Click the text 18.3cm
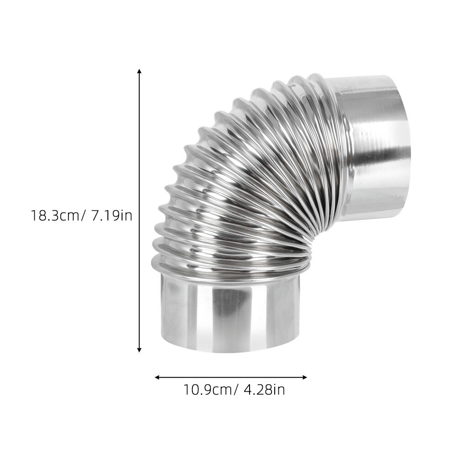click(x=55, y=216)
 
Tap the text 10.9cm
click(x=208, y=389)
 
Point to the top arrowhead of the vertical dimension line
click(x=139, y=71)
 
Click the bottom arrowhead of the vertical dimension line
click(x=139, y=350)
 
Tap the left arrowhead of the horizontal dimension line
click(x=157, y=377)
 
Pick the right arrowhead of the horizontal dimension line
click(x=305, y=377)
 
